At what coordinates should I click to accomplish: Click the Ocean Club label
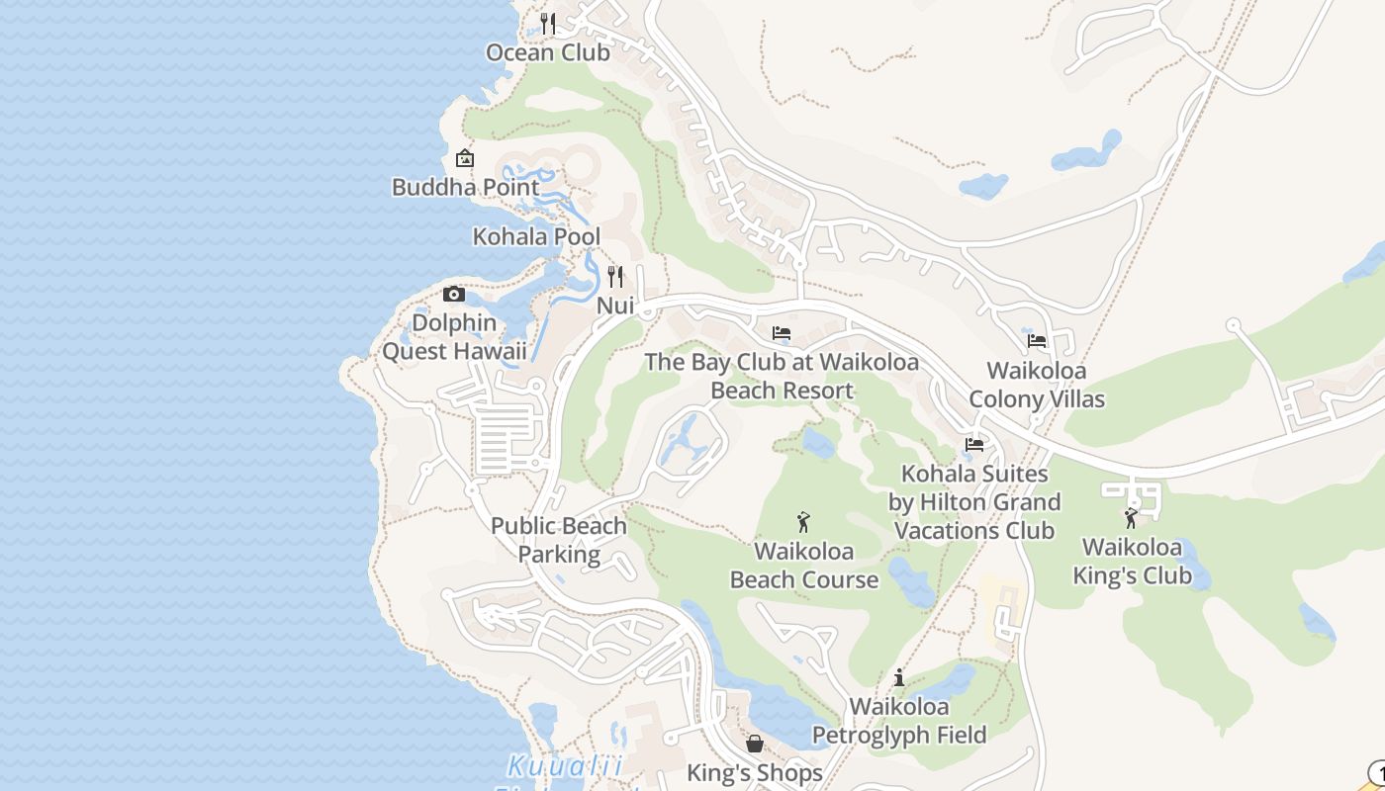click(x=548, y=52)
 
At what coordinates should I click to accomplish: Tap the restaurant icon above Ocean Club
click(x=548, y=22)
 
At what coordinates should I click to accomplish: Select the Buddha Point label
click(x=465, y=187)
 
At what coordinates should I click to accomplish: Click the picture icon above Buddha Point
click(x=464, y=158)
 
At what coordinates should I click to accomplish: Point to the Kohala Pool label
click(x=536, y=237)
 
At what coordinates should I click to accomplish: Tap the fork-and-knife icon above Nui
click(x=615, y=276)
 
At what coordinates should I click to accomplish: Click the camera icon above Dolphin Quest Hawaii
click(x=454, y=294)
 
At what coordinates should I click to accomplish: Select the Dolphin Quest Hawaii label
click(x=454, y=337)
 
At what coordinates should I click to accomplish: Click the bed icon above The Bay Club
click(x=782, y=333)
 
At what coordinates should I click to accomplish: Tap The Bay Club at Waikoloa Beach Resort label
click(x=782, y=376)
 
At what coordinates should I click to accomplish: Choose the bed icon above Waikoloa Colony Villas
click(x=1037, y=341)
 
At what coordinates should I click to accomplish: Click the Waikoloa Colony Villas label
click(x=1037, y=385)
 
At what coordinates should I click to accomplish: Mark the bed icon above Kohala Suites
click(x=974, y=445)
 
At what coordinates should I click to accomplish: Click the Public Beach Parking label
click(x=559, y=540)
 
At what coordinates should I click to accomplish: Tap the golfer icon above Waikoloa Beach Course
click(x=803, y=521)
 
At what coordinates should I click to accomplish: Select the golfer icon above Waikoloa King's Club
click(x=1131, y=517)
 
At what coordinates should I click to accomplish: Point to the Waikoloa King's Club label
click(x=1132, y=562)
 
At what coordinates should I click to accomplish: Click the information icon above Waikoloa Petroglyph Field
click(x=899, y=677)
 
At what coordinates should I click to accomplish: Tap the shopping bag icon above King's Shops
click(x=755, y=744)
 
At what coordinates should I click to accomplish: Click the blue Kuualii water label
click(x=566, y=765)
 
